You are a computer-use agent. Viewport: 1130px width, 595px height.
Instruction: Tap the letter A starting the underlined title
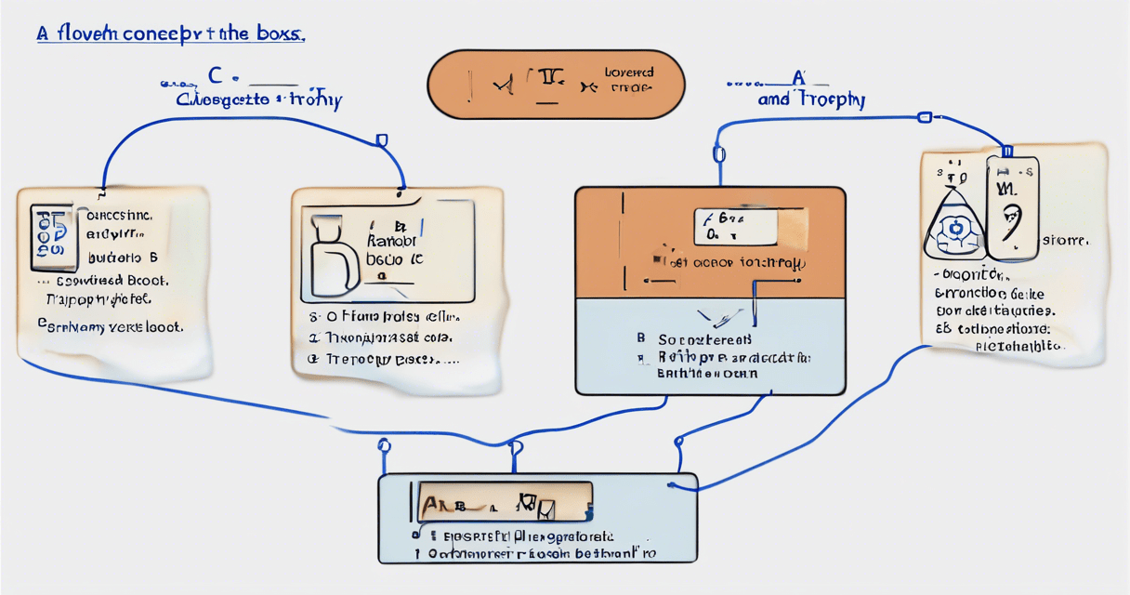tap(42, 33)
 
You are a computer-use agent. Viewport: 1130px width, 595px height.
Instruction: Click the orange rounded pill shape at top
tap(555, 85)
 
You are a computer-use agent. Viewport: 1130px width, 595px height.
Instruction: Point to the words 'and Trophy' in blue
tap(810, 99)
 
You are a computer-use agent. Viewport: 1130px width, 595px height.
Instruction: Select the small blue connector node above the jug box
tap(380, 140)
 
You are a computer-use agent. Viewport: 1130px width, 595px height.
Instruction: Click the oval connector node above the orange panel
tap(717, 153)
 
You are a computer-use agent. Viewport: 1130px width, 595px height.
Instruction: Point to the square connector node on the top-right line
tap(923, 118)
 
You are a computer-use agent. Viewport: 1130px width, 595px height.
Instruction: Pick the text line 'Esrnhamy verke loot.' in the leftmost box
tap(110, 326)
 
